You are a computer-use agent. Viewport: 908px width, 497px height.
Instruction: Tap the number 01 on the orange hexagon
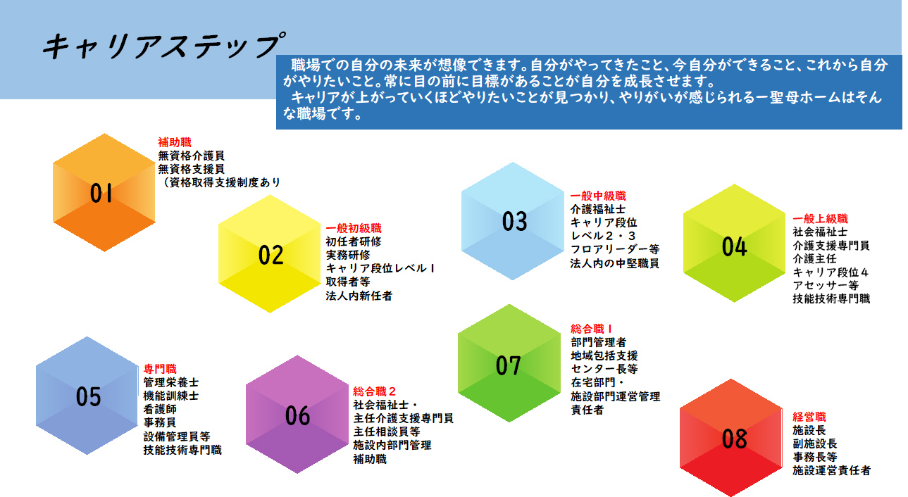pyautogui.click(x=101, y=193)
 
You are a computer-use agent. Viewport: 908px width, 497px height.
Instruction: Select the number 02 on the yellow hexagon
pyautogui.click(x=270, y=255)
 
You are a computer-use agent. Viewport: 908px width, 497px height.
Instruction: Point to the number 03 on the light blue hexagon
pyautogui.click(x=514, y=222)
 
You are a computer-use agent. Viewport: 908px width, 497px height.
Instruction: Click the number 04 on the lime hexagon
pyautogui.click(x=734, y=246)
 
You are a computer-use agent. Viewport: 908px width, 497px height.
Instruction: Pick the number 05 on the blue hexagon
pyautogui.click(x=88, y=396)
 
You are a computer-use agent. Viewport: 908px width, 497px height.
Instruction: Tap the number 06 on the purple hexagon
pyautogui.click(x=297, y=415)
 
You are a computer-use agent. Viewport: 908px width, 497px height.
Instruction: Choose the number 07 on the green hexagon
pyautogui.click(x=509, y=365)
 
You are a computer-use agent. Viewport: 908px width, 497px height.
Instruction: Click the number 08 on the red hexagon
pyautogui.click(x=734, y=439)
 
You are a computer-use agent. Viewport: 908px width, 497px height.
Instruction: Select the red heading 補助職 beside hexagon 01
pyautogui.click(x=174, y=142)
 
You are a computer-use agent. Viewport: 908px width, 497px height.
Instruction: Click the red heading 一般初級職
pyautogui.click(x=354, y=228)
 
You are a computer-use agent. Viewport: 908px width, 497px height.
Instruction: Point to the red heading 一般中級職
pyautogui.click(x=598, y=196)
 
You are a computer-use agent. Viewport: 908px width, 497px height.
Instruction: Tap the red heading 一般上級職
pyautogui.click(x=820, y=219)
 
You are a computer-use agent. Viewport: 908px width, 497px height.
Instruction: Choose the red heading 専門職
pyautogui.click(x=160, y=369)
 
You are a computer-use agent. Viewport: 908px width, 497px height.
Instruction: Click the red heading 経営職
pyautogui.click(x=809, y=417)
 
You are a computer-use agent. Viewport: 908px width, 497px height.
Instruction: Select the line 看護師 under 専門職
pyautogui.click(x=160, y=409)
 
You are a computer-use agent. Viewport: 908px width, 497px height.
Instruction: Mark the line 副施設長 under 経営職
pyautogui.click(x=815, y=443)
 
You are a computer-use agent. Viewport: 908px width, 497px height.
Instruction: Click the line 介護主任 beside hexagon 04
pyautogui.click(x=814, y=258)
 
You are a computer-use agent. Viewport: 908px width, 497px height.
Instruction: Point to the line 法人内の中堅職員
pyautogui.click(x=614, y=263)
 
